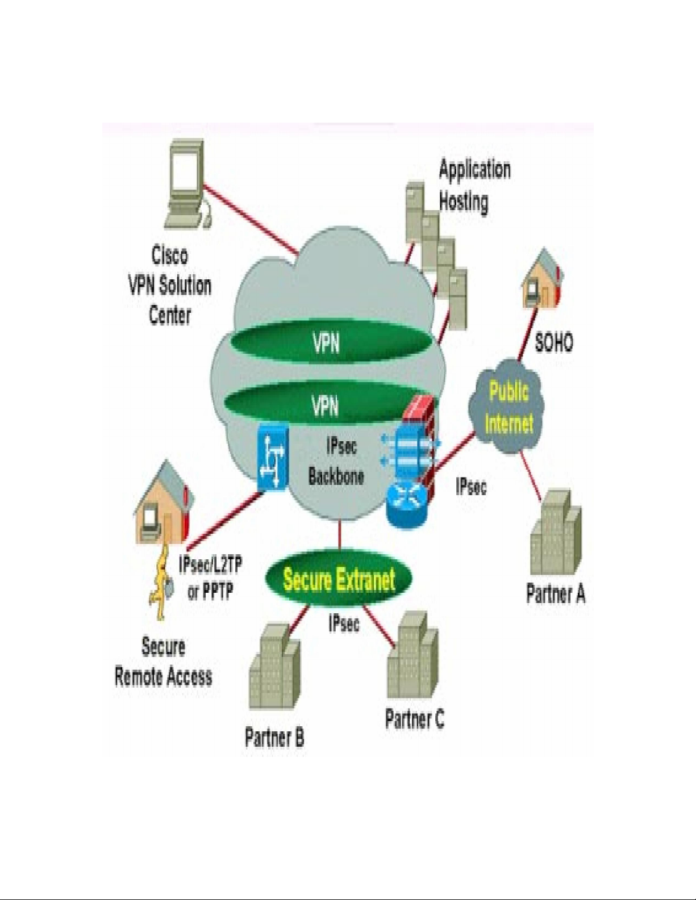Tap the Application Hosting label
(474, 185)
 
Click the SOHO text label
(554, 342)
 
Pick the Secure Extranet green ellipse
(339, 580)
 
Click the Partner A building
(555, 534)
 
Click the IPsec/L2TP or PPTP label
(210, 578)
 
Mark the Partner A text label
(555, 594)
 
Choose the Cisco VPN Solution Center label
(169, 285)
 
